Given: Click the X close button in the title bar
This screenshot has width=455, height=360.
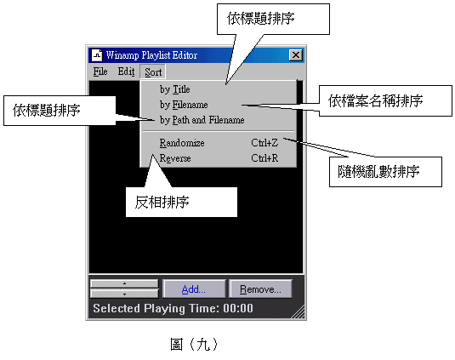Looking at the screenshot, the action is [296, 54].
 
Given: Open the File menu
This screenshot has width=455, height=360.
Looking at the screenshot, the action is [100, 71].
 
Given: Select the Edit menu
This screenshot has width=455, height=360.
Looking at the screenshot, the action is [126, 71].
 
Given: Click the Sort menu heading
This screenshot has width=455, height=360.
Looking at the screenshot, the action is [153, 71].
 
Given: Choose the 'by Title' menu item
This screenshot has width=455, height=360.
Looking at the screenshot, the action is [174, 89].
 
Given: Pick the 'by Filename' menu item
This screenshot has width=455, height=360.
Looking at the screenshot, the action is [184, 105].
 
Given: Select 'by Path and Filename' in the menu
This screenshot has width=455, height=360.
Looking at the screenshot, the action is [202, 120].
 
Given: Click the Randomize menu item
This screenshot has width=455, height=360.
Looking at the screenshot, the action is [182, 143].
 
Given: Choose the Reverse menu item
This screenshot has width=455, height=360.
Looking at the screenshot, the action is [175, 158].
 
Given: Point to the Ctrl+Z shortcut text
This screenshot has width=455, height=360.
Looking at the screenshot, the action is [264, 143].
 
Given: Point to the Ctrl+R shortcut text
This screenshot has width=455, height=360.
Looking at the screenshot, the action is [264, 158].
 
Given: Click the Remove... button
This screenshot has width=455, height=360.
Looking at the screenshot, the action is [260, 289].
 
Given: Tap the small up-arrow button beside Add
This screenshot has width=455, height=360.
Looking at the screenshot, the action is [124, 283].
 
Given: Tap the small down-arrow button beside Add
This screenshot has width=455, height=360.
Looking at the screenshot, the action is [124, 294].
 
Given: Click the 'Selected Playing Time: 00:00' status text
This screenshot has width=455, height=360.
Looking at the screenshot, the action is [173, 308].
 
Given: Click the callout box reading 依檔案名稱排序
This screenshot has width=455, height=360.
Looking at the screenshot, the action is [385, 100].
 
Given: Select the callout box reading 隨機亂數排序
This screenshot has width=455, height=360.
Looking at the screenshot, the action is [385, 172].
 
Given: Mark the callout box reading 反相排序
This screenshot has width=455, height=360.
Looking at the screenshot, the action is [181, 202].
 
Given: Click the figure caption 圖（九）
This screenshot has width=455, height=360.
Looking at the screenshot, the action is [194, 345].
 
